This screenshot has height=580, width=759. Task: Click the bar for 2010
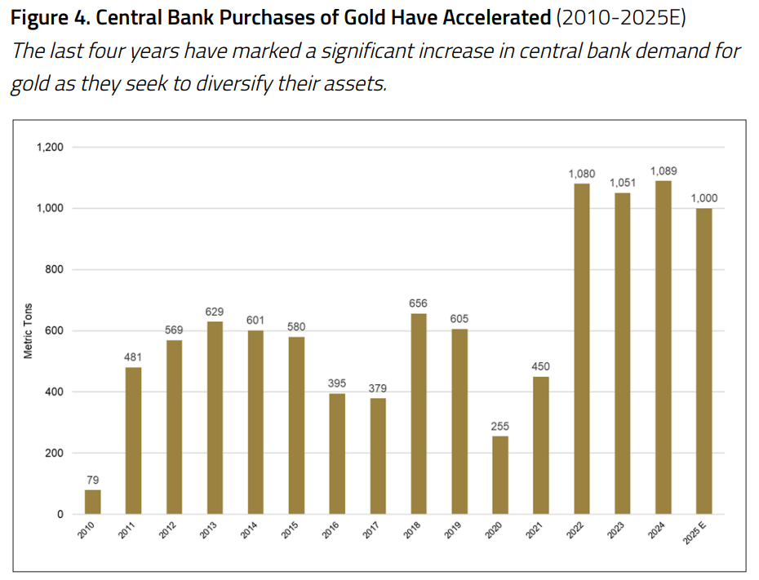point(92,502)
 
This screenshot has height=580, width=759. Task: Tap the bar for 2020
point(500,475)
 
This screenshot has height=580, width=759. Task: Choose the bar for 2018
point(419,414)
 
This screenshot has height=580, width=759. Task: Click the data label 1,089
point(663,170)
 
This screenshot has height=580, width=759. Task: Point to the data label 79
point(92,480)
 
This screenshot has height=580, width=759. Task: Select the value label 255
point(500,426)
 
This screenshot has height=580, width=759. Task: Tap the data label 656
point(419,303)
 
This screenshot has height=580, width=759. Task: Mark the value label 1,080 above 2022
point(581,174)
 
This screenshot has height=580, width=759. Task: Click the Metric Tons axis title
point(28,331)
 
